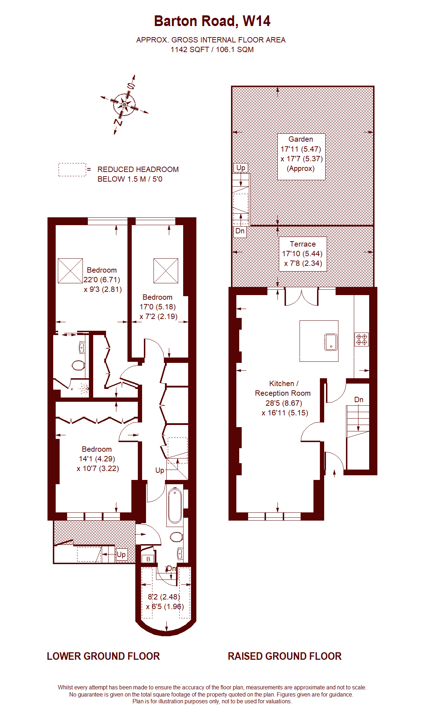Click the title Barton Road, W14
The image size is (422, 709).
click(x=212, y=21)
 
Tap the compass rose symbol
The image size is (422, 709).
click(x=124, y=105)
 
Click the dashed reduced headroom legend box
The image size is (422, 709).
click(x=72, y=169)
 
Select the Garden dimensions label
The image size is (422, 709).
click(x=301, y=154)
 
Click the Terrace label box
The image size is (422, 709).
click(x=302, y=254)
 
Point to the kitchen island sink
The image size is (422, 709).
click(x=331, y=342)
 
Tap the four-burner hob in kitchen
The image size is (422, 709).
click(x=361, y=339)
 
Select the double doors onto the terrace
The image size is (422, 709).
click(x=301, y=297)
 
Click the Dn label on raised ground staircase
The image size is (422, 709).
click(x=359, y=400)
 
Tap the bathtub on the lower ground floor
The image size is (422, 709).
click(x=175, y=506)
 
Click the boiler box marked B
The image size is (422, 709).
click(x=148, y=559)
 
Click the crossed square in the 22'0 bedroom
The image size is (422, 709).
click(x=70, y=271)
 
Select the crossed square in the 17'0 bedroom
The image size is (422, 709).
click(x=166, y=271)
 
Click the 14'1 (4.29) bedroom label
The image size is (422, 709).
click(x=97, y=459)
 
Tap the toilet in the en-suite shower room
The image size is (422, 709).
click(x=78, y=365)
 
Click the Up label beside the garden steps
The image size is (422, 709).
click(x=241, y=168)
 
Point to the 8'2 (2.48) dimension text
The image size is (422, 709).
click(x=164, y=597)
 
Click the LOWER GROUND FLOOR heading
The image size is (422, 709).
click(x=103, y=656)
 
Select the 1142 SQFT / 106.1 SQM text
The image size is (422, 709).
click(x=212, y=50)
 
